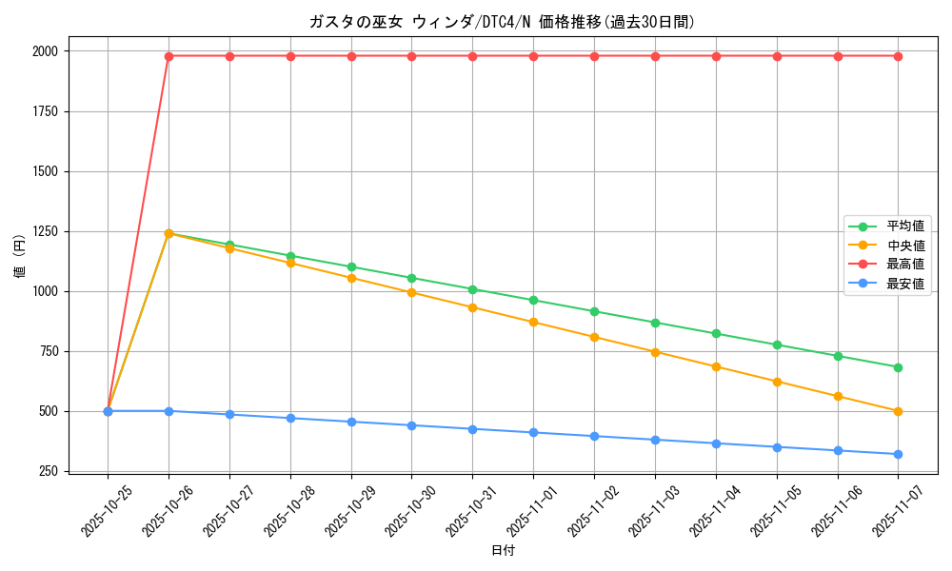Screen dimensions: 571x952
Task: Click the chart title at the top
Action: click(x=503, y=22)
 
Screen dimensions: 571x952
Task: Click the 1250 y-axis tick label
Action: click(x=45, y=231)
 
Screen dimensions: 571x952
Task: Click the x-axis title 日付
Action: click(x=503, y=551)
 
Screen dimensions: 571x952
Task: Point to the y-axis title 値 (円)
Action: click(x=19, y=257)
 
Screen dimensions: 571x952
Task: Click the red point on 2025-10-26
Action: click(x=169, y=56)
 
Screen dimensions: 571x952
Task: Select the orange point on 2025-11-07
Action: click(x=898, y=411)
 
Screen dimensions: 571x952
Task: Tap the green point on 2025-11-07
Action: click(x=898, y=367)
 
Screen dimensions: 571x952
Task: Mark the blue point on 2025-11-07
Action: click(x=898, y=454)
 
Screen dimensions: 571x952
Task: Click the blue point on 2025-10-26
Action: click(x=169, y=411)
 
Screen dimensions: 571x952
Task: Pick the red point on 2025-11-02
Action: click(x=594, y=56)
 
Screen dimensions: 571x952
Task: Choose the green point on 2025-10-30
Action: click(x=411, y=278)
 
